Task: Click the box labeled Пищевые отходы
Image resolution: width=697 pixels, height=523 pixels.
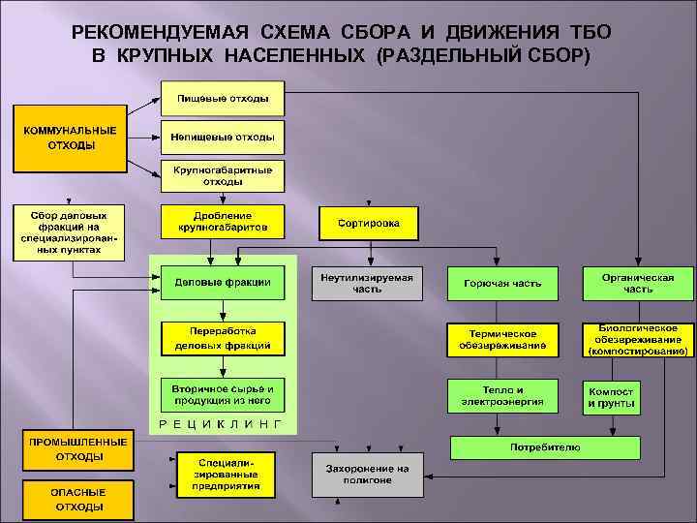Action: click(x=223, y=99)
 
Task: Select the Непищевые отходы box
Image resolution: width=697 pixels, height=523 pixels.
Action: click(x=223, y=137)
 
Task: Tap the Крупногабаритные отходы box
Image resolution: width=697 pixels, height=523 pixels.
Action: click(x=223, y=175)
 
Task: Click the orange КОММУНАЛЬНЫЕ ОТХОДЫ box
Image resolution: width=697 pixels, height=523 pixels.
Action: click(x=71, y=138)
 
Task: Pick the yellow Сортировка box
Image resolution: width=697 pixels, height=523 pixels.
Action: click(x=368, y=223)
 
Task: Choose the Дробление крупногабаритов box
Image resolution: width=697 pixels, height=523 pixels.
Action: click(x=223, y=222)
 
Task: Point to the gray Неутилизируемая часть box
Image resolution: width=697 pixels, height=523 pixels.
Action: click(x=368, y=283)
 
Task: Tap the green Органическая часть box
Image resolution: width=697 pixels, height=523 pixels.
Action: click(x=637, y=283)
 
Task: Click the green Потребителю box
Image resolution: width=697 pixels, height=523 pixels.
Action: click(x=545, y=447)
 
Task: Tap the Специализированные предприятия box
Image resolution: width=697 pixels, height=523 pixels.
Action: click(x=223, y=474)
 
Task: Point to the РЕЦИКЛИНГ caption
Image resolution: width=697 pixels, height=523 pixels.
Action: click(x=221, y=424)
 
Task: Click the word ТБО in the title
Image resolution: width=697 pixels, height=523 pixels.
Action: click(x=589, y=32)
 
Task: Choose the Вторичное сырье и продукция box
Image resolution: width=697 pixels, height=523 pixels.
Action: click(x=223, y=394)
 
